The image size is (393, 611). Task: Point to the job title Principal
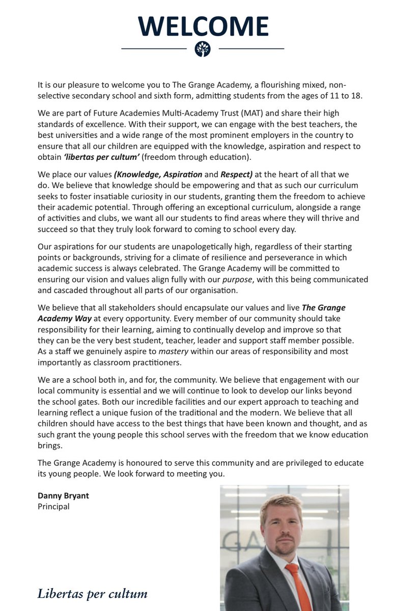[x=53, y=507]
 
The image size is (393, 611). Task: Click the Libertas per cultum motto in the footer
[x=92, y=593]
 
